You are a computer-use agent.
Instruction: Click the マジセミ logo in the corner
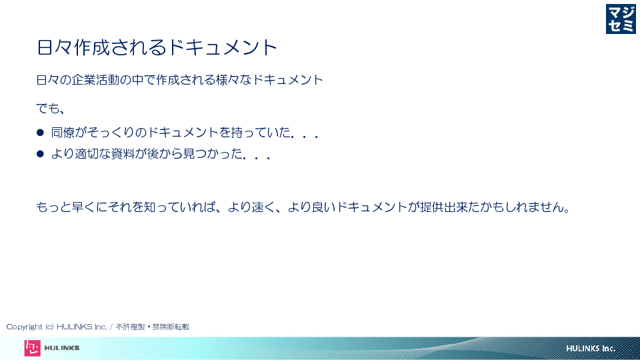pos(621,19)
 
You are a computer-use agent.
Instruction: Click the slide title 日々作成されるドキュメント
pos(157,47)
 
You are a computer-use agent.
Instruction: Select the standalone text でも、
pos(51,109)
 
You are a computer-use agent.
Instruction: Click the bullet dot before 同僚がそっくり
pos(40,132)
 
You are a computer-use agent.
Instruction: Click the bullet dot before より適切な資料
pos(40,154)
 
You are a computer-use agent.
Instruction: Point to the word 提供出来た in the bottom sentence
pos(450,207)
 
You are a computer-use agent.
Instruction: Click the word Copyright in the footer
pos(25,327)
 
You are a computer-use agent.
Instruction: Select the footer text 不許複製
pos(130,327)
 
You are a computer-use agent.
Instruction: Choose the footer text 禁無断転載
pos(171,327)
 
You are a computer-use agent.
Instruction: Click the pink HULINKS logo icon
pos(32,348)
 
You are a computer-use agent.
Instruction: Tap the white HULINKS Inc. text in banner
pos(591,349)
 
